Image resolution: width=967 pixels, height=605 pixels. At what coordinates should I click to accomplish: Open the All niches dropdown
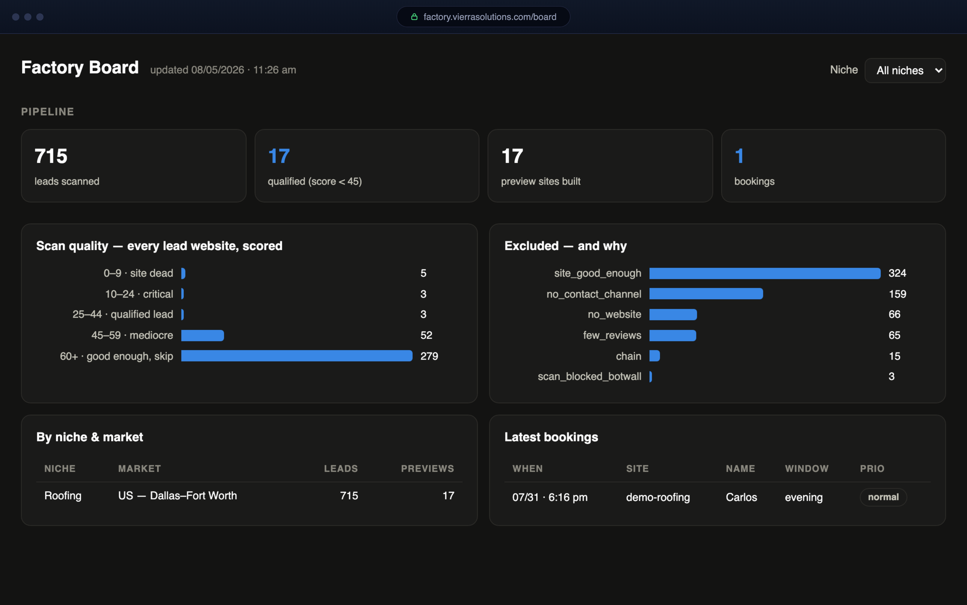point(905,71)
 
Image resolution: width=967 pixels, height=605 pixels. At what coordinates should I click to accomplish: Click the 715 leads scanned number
point(51,156)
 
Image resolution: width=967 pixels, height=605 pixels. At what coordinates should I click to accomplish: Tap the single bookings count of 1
point(739,156)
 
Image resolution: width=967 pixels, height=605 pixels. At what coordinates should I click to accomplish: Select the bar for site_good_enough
point(765,273)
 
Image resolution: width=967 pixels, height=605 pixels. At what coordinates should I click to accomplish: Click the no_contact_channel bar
point(706,294)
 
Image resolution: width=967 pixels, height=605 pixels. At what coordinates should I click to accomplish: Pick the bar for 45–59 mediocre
point(202,335)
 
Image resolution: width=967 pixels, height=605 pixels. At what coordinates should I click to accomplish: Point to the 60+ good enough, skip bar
point(297,356)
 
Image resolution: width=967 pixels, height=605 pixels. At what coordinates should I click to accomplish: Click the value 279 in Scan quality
point(429,356)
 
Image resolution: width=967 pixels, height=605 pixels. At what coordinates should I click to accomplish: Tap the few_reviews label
point(612,335)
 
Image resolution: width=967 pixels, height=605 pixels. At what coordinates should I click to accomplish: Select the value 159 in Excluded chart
point(897,294)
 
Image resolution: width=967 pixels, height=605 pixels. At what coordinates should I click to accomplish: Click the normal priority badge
point(883,497)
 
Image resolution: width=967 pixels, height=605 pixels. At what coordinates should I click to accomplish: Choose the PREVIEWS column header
point(428,468)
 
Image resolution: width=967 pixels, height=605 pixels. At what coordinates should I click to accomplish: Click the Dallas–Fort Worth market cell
point(177,496)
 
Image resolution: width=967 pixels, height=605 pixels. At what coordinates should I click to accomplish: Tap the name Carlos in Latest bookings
point(741,497)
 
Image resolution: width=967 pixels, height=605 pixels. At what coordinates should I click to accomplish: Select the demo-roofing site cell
point(658,497)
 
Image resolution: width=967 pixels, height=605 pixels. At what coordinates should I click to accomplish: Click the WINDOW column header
point(806,468)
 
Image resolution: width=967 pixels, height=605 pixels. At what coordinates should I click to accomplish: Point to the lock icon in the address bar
point(415,17)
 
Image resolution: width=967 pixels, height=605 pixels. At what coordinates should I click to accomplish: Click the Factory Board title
point(80,68)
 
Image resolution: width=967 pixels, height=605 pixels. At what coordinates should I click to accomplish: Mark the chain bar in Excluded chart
point(655,356)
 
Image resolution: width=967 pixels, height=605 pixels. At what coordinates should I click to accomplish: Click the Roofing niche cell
point(63,496)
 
